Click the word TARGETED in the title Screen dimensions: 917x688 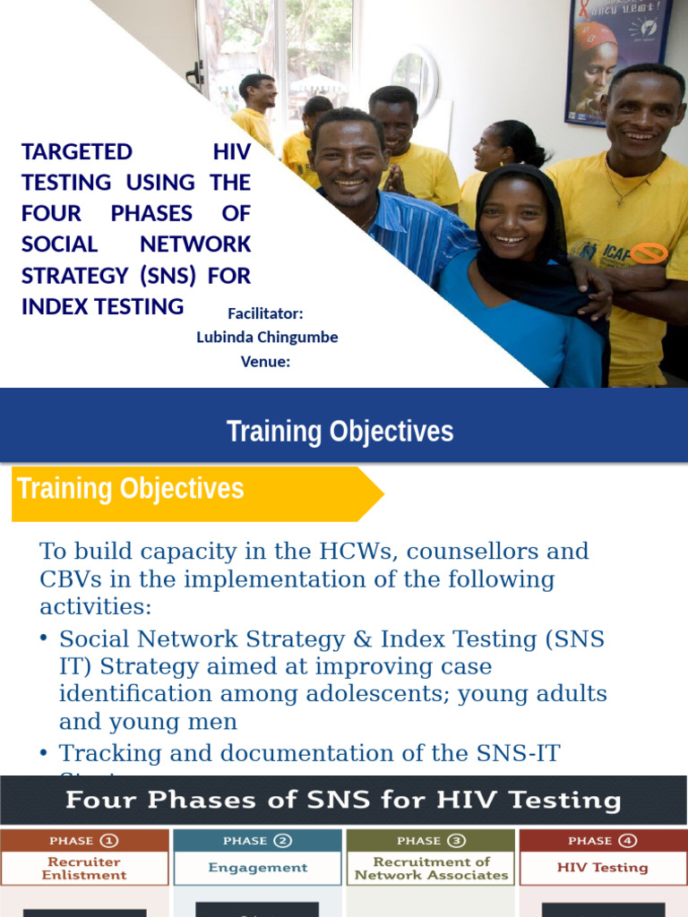coord(77,151)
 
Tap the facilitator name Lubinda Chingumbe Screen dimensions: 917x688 coord(267,338)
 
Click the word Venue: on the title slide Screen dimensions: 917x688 coord(265,362)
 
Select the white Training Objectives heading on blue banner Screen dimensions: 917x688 coord(340,432)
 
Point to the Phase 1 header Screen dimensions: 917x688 coord(84,840)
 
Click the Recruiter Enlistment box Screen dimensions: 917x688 coord(84,868)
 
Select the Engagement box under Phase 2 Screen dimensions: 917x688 coord(257,868)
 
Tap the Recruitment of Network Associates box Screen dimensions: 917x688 coord(431,868)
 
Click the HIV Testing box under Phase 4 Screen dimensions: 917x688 coord(603,868)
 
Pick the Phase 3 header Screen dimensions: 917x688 coord(431,840)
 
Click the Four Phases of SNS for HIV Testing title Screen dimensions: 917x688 coord(343,799)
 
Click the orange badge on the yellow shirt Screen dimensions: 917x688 coord(649,253)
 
